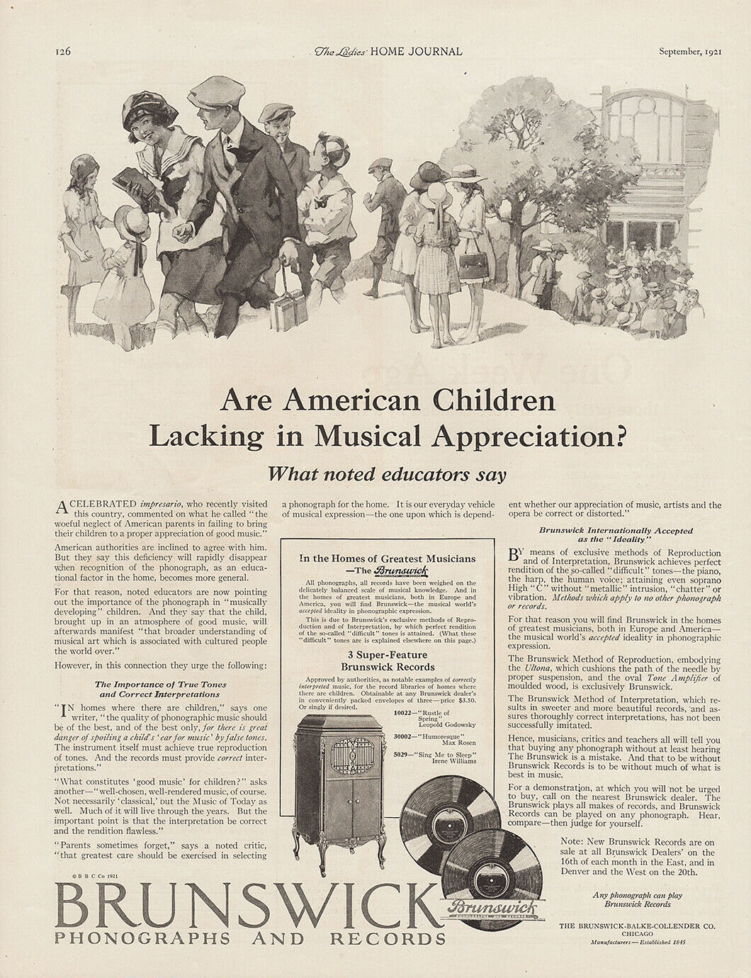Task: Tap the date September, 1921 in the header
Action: click(689, 52)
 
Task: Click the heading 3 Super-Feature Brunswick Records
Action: click(388, 661)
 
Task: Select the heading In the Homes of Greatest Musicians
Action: click(388, 558)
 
